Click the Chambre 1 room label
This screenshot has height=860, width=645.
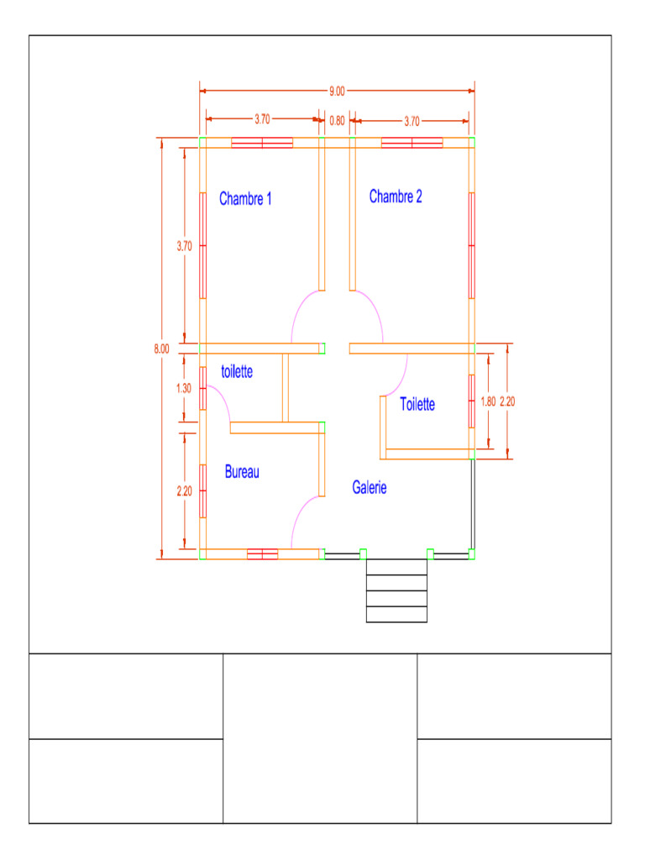245,199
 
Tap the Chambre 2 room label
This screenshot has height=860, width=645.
396,197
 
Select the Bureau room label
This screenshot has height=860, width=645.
242,472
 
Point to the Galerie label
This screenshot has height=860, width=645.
369,487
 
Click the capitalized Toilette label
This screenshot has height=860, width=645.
417,404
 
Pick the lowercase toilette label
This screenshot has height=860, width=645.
237,371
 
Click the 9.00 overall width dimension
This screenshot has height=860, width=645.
337,91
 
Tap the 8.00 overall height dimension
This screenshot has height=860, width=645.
161,349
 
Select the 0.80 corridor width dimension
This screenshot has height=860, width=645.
337,121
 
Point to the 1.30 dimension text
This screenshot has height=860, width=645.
184,388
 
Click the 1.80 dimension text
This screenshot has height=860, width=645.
489,401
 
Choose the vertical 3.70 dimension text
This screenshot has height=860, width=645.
184,246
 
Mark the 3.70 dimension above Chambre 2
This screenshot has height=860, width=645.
412,121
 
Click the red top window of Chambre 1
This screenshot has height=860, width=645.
262,143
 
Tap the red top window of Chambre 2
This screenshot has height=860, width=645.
412,143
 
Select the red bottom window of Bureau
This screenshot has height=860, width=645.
262,553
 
